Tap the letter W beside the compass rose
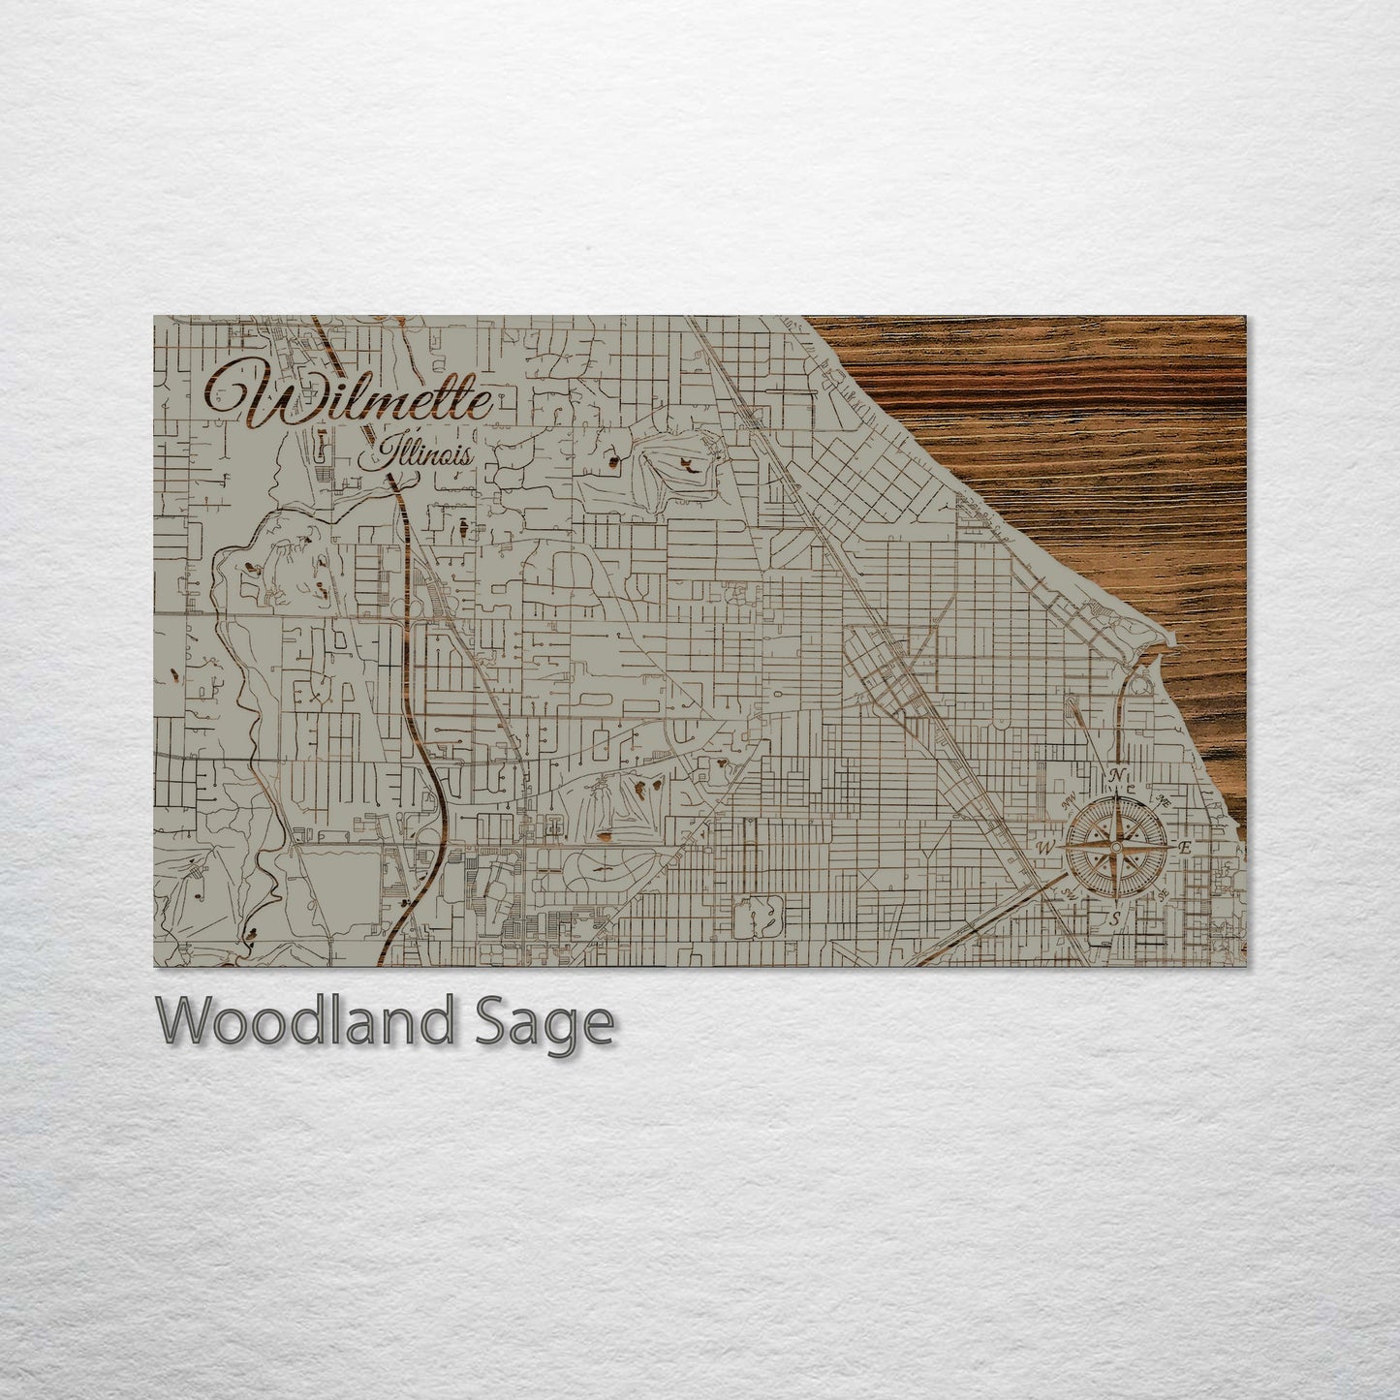pyautogui.click(x=1045, y=848)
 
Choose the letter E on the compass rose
pyautogui.click(x=1185, y=848)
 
